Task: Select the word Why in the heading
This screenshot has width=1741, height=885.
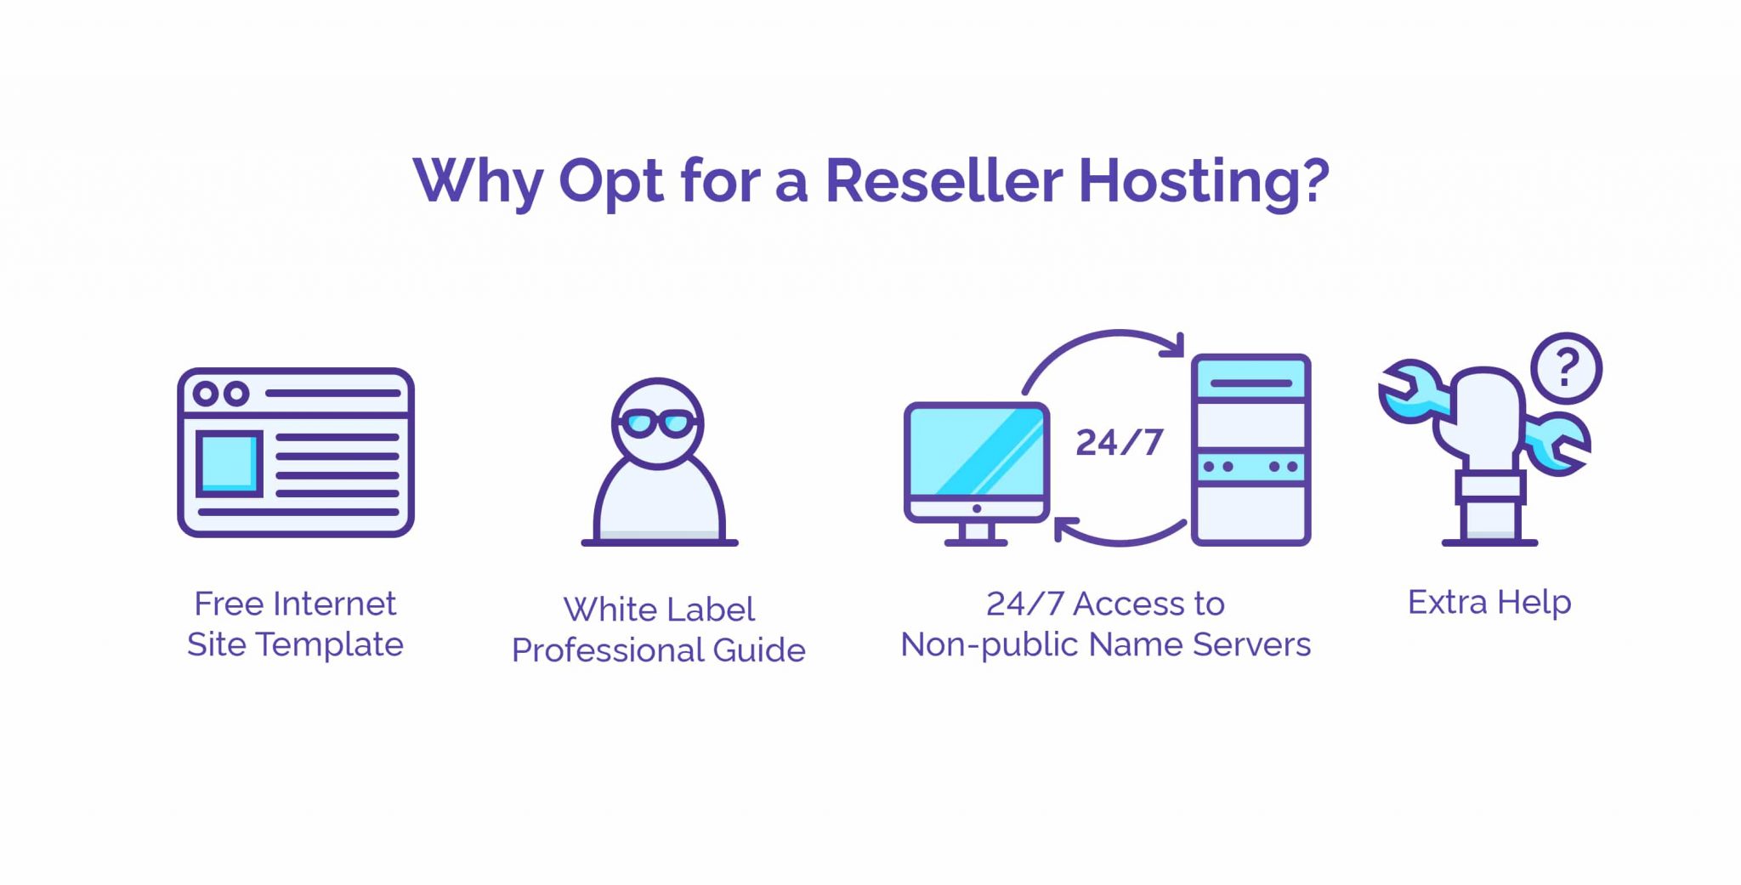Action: pos(478,183)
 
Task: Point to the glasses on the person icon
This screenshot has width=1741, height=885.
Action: pos(657,423)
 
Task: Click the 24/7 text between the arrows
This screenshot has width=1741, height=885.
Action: pos(1119,442)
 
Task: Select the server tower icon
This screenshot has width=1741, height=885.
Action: pos(1250,450)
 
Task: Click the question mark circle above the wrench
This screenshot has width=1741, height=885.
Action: pos(1566,368)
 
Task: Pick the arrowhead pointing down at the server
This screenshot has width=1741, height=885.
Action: pos(1174,345)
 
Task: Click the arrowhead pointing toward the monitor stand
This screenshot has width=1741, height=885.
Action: pos(1065,530)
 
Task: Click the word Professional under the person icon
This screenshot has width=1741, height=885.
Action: pos(607,650)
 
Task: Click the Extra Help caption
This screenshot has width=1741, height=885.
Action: pos(1489,603)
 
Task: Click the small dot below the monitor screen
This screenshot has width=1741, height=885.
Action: pos(977,508)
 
